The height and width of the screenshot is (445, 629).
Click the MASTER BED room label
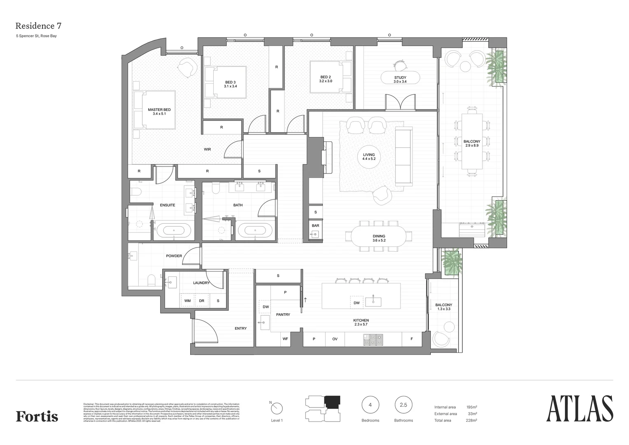(x=159, y=112)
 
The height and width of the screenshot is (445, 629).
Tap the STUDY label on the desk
(x=400, y=79)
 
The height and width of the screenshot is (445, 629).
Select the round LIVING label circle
(x=368, y=157)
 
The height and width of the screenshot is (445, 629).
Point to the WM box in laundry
(x=187, y=301)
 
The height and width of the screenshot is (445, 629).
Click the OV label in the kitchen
(x=335, y=339)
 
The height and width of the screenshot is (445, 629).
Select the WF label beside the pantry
(x=285, y=339)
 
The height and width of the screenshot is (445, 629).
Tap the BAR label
(x=315, y=226)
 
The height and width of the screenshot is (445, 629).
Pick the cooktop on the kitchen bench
(x=373, y=340)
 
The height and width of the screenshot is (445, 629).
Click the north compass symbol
(x=277, y=408)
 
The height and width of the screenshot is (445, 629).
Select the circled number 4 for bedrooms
(x=370, y=405)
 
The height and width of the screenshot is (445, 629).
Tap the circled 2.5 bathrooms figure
(x=403, y=405)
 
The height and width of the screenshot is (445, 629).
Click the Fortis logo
(x=37, y=416)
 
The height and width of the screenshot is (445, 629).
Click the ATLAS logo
(x=579, y=409)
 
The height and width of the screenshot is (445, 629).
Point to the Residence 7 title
(x=38, y=26)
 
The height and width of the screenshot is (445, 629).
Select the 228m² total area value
(x=471, y=420)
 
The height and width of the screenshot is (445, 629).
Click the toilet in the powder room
(x=151, y=281)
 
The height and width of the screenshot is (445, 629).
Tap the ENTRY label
(x=241, y=328)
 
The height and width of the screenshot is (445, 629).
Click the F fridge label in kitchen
(x=412, y=339)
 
